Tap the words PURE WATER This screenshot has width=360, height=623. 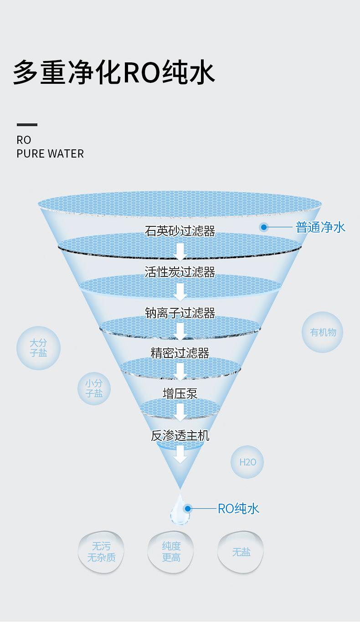50,153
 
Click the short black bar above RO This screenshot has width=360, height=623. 27,124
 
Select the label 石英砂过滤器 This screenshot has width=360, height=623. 180,231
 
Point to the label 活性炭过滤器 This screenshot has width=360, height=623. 180,272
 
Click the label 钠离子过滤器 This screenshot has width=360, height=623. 180,313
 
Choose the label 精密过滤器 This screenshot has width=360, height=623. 180,353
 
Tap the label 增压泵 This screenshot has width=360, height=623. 180,393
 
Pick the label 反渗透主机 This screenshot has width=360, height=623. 180,435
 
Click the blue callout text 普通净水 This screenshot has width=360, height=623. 320,227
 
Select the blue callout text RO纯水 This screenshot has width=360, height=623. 238,508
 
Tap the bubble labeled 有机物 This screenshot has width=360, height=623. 323,332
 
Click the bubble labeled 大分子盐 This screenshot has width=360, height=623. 38,348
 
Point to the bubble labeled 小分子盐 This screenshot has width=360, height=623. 94,388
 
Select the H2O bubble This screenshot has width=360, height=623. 247,462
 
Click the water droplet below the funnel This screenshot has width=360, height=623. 180,510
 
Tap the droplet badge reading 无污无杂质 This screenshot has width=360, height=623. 101,552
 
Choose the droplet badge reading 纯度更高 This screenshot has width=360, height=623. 171,552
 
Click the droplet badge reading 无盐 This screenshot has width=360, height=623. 241,552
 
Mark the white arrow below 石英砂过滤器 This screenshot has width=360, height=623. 180,252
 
